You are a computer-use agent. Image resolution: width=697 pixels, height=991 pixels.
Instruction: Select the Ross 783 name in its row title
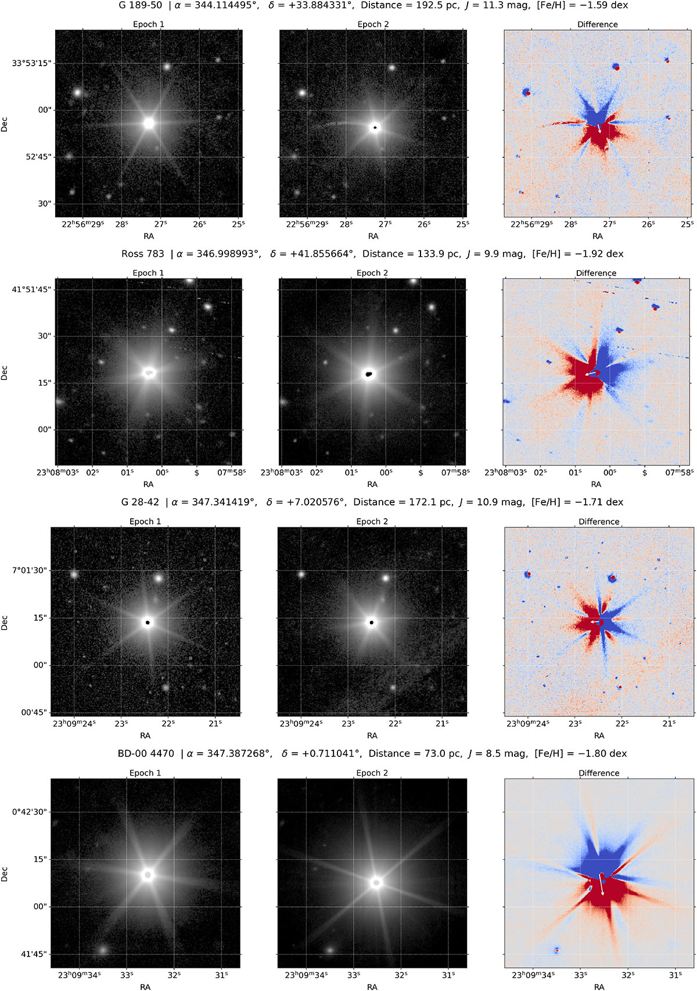pyautogui.click(x=142, y=254)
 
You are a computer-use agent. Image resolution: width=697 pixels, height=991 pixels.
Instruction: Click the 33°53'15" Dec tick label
pyautogui.click(x=34, y=63)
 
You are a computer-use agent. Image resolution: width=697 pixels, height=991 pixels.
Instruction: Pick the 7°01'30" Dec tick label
pyautogui.click(x=28, y=570)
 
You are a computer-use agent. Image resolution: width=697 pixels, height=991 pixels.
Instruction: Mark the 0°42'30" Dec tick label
pyautogui.click(x=28, y=812)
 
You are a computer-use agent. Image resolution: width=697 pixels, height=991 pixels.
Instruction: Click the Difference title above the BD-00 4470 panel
pyautogui.click(x=599, y=773)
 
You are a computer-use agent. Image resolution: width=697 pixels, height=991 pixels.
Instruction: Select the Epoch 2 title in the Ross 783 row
pyautogui.click(x=372, y=273)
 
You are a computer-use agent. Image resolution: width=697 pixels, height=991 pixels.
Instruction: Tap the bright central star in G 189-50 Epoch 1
pyautogui.click(x=149, y=123)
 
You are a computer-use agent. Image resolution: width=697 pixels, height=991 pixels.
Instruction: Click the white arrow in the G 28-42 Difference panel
pyautogui.click(x=595, y=622)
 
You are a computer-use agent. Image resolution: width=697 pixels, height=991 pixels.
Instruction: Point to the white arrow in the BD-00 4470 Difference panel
pyautogui.click(x=602, y=884)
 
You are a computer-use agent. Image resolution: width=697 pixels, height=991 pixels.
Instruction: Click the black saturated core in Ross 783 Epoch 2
pyautogui.click(x=369, y=374)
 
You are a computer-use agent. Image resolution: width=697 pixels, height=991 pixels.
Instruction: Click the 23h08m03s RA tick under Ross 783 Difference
pyautogui.click(x=505, y=472)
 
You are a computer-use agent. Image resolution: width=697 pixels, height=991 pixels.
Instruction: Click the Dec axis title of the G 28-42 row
pyautogui.click(x=5, y=623)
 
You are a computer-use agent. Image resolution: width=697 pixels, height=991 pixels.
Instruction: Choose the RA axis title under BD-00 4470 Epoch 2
pyautogui.click(x=372, y=986)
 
